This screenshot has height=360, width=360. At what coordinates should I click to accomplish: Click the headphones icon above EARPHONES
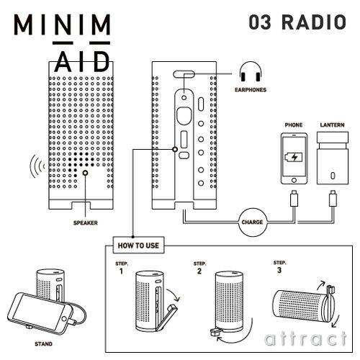[251, 73]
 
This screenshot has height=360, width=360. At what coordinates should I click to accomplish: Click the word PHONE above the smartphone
[294, 125]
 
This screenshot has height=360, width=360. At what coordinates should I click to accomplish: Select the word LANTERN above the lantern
[333, 125]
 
